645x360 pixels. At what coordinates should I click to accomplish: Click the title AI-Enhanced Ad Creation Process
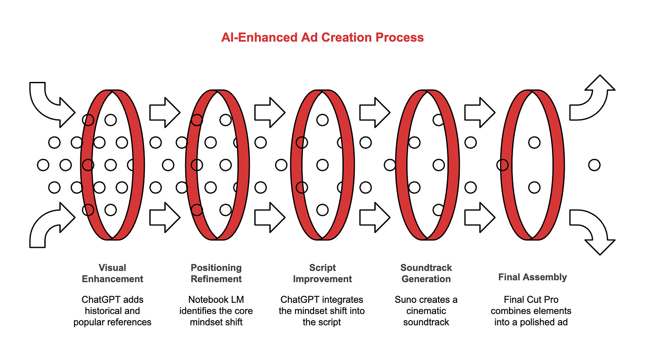pos(322,37)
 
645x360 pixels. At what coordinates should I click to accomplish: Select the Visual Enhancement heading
pos(112,273)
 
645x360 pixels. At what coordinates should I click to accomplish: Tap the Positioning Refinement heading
pos(216,273)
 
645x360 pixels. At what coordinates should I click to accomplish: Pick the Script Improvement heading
pos(322,273)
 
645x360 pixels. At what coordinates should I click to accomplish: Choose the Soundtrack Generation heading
pos(426,273)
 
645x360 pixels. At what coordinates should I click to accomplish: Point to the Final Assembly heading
pos(532,277)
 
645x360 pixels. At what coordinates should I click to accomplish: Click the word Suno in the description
pos(406,299)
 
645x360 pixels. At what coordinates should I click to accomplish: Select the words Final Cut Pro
pos(531,299)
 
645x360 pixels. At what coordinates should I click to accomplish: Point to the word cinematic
pos(426,311)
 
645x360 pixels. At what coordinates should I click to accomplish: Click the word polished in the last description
pos(542,322)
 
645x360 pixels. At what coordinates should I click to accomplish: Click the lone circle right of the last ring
pos(594,165)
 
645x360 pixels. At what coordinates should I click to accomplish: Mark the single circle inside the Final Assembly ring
pos(534,143)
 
